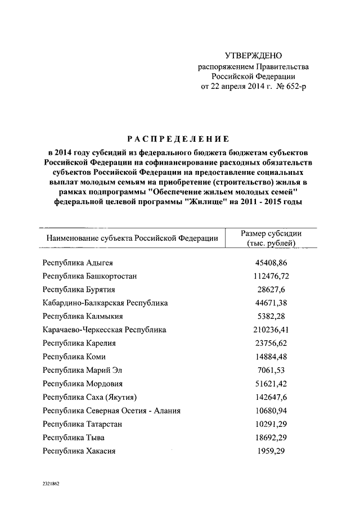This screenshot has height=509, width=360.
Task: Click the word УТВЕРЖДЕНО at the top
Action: point(253,56)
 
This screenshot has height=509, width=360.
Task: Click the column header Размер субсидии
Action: point(272,233)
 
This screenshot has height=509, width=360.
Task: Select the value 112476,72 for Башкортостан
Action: point(272,276)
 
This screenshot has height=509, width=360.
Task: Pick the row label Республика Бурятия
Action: point(79,290)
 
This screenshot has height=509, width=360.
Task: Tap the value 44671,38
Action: point(272,303)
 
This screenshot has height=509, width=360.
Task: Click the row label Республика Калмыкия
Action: point(83,317)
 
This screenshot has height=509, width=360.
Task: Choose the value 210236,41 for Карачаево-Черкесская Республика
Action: point(272,330)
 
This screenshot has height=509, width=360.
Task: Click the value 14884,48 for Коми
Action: point(272,357)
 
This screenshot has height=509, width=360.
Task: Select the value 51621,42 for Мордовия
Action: point(272,384)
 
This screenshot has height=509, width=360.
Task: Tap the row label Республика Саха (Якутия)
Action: point(89,398)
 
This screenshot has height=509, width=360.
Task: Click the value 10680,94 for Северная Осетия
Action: point(272,411)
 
